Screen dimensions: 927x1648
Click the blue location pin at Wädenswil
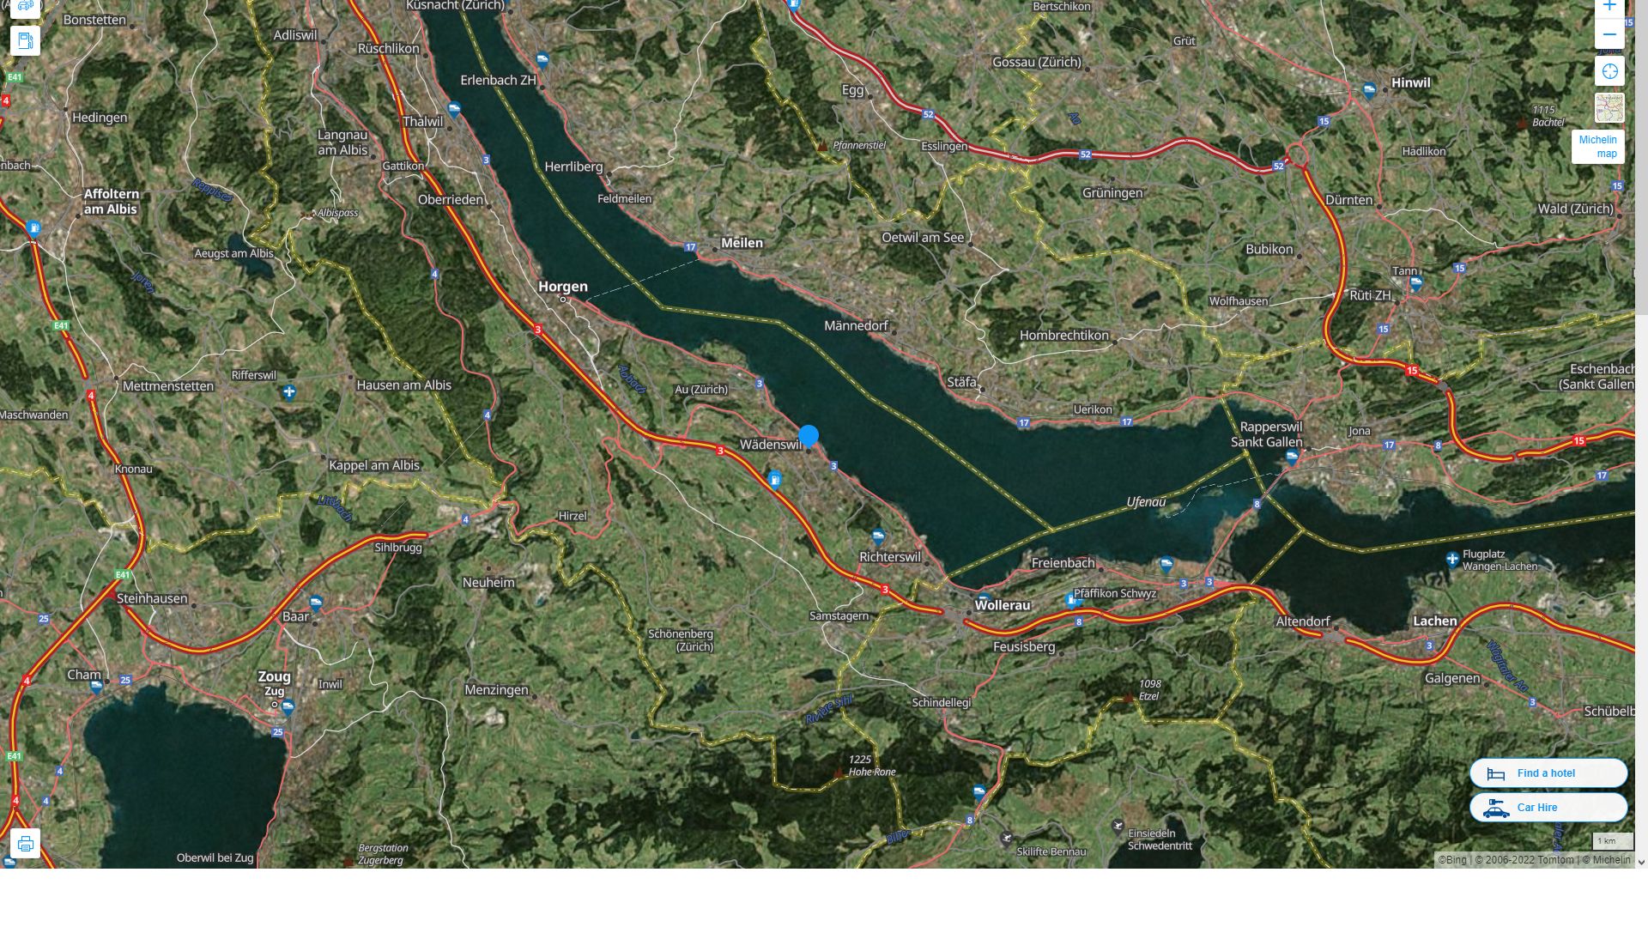809,436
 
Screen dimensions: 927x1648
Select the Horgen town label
563,287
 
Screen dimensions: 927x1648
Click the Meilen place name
742,243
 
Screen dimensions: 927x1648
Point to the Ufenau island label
1146,502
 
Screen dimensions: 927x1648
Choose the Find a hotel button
1548,773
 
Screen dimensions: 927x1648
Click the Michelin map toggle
1597,147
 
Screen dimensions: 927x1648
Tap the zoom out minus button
1609,35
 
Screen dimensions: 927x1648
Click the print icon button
25,843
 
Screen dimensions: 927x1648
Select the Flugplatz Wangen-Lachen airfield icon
1452,560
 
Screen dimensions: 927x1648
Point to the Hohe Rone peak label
871,766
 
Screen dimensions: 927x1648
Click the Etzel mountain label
1149,690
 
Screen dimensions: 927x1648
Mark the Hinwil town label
1411,83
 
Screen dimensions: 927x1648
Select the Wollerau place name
1003,605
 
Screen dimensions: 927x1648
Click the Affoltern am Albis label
111,202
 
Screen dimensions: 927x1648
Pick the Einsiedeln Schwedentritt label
1160,839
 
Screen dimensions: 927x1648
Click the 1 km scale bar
1612,842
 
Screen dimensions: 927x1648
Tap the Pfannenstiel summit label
859,146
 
